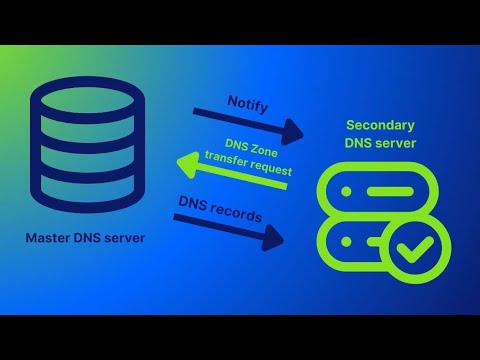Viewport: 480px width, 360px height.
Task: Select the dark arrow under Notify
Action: [x=250, y=124]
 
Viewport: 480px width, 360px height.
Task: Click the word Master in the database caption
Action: [x=50, y=239]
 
